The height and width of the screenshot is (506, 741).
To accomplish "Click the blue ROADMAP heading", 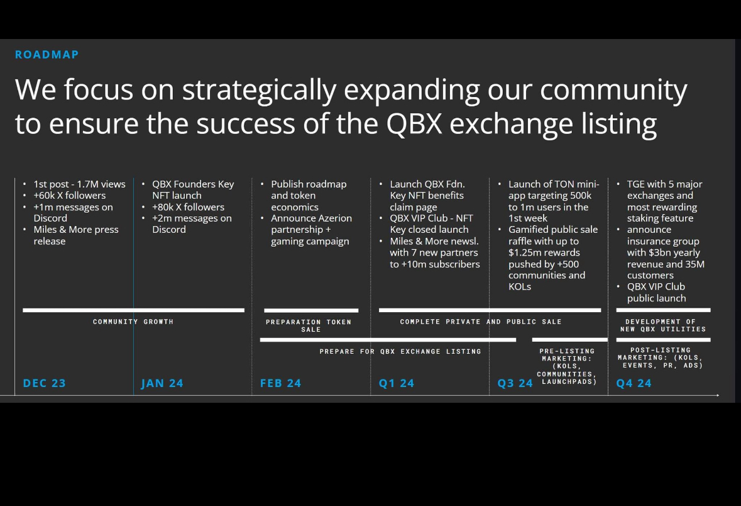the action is [x=47, y=54].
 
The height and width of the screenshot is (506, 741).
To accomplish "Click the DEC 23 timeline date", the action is [x=45, y=383].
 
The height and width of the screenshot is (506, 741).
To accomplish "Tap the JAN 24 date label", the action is [x=162, y=383].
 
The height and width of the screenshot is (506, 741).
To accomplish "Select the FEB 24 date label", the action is [x=281, y=383].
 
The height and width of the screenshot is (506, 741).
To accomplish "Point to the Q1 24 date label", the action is [x=397, y=383].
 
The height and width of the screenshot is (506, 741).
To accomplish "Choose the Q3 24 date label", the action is [x=515, y=383].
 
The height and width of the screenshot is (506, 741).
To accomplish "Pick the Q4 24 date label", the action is [x=634, y=383].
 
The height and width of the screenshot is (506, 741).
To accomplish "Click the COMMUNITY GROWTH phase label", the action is [x=133, y=322].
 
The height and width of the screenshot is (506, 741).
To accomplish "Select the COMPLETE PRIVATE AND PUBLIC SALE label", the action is [x=481, y=322].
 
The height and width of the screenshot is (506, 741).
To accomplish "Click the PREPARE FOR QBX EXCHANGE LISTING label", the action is [x=400, y=351].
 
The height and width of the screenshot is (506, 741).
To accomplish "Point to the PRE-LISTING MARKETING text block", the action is [x=567, y=366].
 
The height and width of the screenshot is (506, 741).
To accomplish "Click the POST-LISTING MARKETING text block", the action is [x=660, y=358].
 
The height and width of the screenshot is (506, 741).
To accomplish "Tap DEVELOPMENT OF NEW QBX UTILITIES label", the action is [x=663, y=325].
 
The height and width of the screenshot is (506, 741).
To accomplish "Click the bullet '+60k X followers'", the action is [x=70, y=196].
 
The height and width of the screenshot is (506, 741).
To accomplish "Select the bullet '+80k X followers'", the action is [x=188, y=207].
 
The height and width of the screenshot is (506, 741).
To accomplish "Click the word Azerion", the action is [x=334, y=218].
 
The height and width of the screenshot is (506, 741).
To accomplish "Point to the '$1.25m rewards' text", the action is [x=544, y=252].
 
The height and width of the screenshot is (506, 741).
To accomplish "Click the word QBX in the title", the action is [x=414, y=124].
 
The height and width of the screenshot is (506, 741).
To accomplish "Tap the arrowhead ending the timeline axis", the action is [x=717, y=395].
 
